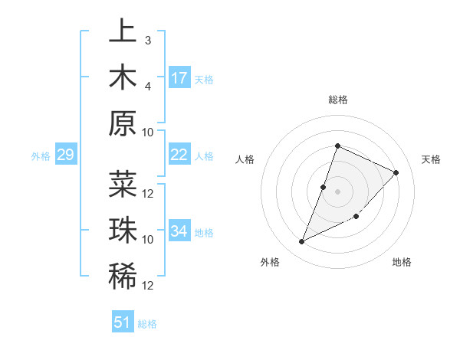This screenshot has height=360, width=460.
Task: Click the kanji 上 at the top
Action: click(123, 31)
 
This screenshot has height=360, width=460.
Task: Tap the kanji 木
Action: click(123, 77)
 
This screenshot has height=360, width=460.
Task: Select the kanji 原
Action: click(123, 123)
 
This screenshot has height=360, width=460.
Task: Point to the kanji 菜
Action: click(123, 185)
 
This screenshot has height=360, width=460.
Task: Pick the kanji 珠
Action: click(123, 231)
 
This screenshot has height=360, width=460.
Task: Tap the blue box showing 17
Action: click(179, 78)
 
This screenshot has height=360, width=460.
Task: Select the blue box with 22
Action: click(179, 155)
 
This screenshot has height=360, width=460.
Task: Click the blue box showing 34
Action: click(179, 231)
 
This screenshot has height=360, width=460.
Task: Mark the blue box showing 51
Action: click(123, 322)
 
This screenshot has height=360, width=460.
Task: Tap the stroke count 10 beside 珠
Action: click(148, 239)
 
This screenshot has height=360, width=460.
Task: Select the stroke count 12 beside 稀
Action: click(148, 285)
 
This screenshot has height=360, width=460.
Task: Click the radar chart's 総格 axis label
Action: click(337, 100)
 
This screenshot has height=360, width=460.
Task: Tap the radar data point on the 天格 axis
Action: click(396, 172)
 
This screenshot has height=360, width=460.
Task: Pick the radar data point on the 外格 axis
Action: click(301, 242)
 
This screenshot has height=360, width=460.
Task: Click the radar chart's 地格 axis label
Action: click(402, 262)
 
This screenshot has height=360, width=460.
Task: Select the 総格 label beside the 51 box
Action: click(147, 324)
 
